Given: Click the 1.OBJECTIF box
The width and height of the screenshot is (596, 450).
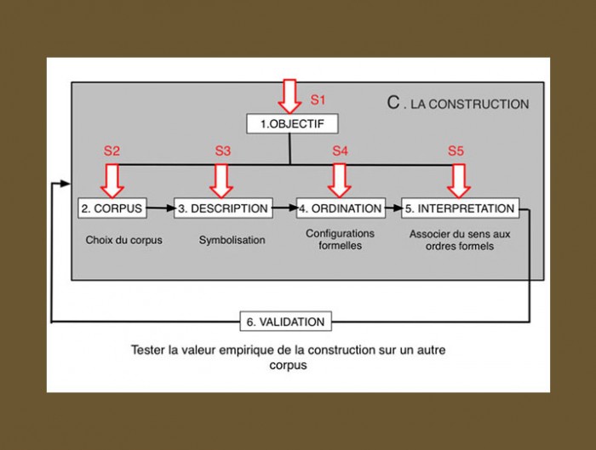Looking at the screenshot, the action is [292, 124].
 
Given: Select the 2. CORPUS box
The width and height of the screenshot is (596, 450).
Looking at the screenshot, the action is [112, 208].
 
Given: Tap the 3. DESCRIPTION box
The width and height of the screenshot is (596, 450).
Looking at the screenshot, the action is [223, 208].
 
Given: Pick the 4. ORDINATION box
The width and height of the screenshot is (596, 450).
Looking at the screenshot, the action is [341, 208].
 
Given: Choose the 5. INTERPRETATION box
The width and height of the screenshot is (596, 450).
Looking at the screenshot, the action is [460, 208].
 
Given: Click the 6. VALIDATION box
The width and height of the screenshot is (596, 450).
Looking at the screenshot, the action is [286, 322].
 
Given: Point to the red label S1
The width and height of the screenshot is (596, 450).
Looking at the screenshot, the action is [318, 100].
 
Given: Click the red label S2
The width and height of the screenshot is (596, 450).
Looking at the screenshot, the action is [112, 151].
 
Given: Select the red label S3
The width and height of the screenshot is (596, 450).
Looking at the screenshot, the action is [223, 151].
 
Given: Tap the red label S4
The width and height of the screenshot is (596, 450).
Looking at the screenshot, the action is [340, 151].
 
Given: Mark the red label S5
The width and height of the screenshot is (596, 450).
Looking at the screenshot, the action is [456, 151].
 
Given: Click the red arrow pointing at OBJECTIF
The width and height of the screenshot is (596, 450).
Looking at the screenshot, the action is [289, 96].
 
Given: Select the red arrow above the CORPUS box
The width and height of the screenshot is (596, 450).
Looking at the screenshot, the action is [112, 180].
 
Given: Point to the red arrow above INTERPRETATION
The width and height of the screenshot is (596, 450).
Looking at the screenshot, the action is [459, 180].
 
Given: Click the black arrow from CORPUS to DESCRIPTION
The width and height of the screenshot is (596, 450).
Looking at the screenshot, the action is [160, 208].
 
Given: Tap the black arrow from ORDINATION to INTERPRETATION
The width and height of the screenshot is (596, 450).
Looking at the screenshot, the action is [393, 208].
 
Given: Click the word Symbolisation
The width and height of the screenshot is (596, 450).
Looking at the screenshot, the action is [232, 240].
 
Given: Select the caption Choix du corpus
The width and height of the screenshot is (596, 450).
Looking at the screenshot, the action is [124, 240].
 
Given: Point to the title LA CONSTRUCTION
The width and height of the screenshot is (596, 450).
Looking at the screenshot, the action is [470, 104].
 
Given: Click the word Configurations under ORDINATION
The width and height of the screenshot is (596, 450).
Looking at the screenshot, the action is [341, 233].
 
